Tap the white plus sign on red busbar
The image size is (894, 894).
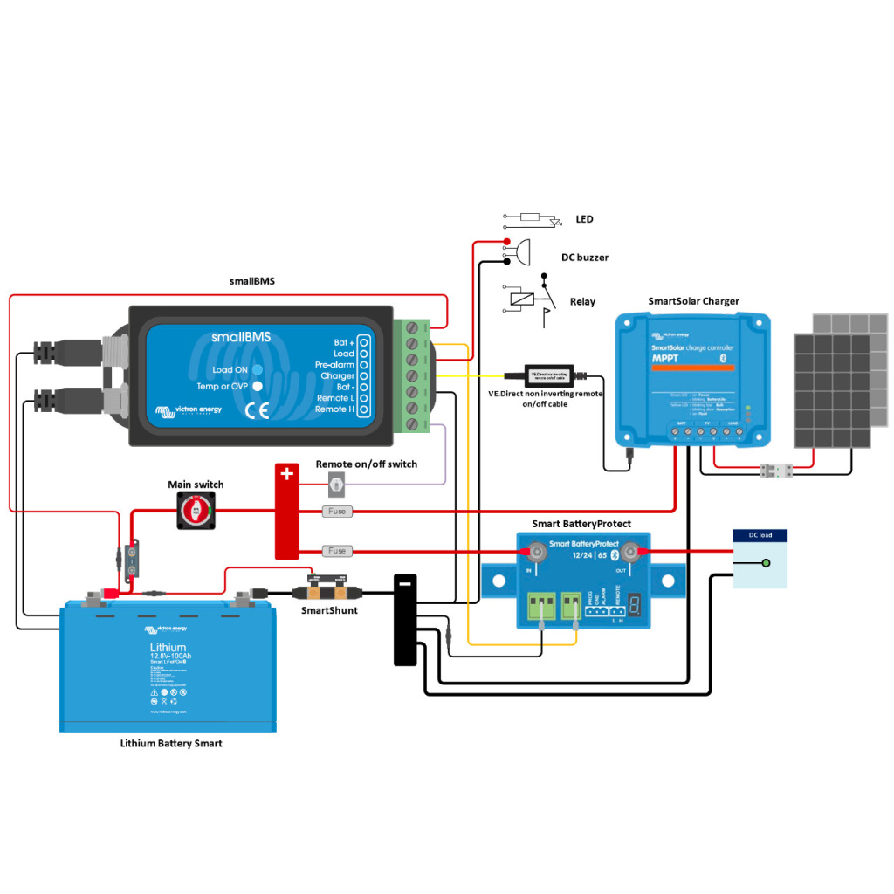(x=286, y=475)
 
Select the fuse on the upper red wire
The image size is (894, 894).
(x=337, y=511)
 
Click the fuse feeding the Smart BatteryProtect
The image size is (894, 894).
(x=337, y=551)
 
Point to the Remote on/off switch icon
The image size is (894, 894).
(x=336, y=483)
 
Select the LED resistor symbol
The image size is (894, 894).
(x=530, y=217)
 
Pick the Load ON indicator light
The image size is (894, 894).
(x=258, y=369)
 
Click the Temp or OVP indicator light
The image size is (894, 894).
(x=258, y=385)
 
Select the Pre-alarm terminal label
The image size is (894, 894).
(x=334, y=364)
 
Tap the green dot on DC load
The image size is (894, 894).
(x=766, y=563)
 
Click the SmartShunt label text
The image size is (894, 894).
(x=328, y=610)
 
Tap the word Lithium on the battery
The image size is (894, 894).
(x=168, y=647)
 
